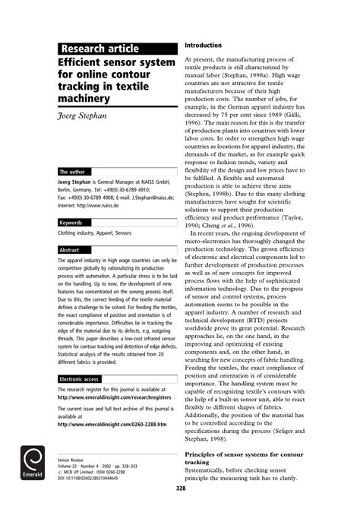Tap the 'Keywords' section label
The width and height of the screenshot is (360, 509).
73,223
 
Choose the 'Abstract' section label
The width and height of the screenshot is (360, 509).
70,249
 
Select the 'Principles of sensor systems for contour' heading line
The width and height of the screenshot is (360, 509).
254,454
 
